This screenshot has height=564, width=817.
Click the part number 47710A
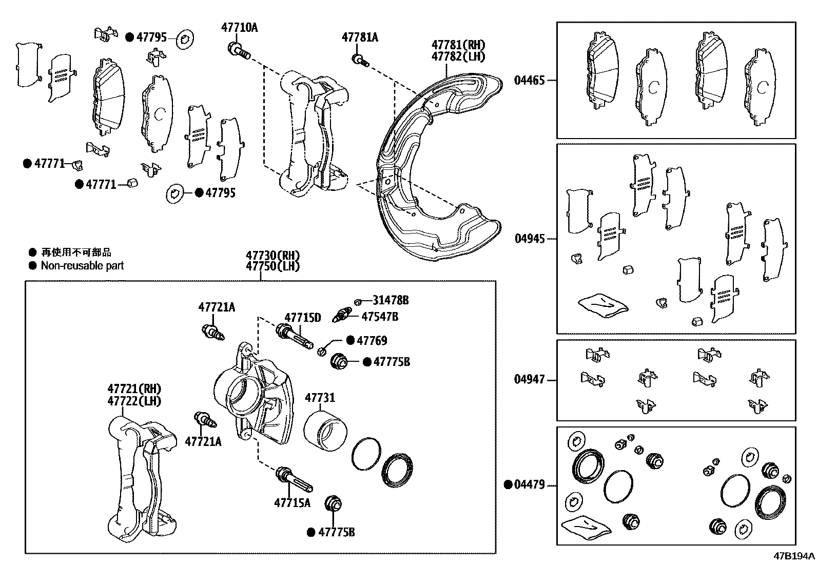240,27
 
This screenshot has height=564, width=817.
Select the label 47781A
360,37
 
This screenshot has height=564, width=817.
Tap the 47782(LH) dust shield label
458,56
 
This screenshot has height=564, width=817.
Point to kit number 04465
529,80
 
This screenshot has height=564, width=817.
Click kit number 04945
529,239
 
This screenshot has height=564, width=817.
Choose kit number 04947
529,380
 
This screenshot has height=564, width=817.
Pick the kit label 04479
529,484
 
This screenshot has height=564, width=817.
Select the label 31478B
391,300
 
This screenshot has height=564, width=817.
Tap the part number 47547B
379,316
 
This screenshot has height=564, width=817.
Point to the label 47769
372,340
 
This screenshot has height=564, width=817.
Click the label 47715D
303,318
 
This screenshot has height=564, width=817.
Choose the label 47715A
292,502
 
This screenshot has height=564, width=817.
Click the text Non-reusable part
82,265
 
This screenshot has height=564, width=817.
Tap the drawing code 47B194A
794,556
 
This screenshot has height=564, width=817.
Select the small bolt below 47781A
360,61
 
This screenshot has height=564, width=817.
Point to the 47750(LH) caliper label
272,266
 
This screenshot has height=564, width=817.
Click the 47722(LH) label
134,401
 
